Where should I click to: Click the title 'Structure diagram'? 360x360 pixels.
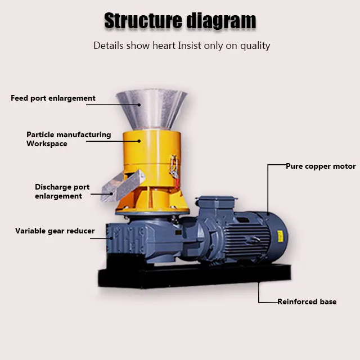tap(180, 21)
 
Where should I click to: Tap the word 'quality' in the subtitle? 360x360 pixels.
tap(254, 46)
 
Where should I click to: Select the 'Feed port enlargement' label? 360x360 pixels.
tap(53, 98)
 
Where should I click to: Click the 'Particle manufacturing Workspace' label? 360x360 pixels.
tap(68, 139)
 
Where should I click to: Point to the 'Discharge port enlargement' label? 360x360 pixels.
tap(62, 191)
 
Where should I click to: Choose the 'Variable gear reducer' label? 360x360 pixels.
tap(55, 231)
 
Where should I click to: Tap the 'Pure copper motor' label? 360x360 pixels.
tap(321, 166)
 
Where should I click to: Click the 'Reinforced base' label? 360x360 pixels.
tap(307, 301)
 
